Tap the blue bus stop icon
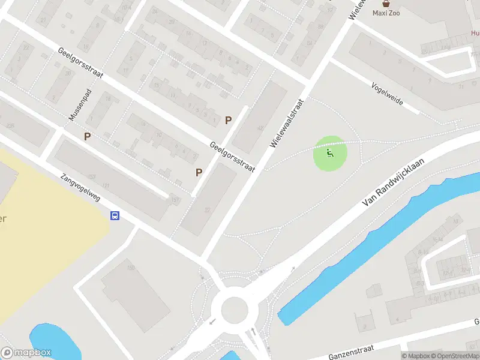point(115,216)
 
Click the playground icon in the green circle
point(330,154)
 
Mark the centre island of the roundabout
point(235,310)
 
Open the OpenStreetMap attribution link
point(454,356)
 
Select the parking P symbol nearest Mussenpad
point(88,137)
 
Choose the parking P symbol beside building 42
point(228,120)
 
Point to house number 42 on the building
point(260,128)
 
